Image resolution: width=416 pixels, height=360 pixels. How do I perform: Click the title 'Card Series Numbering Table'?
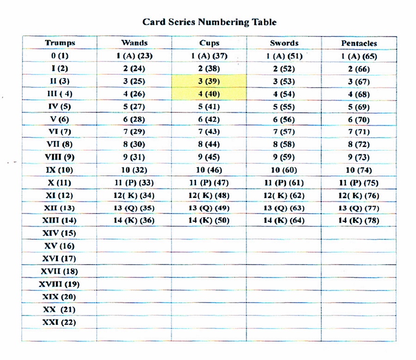pos(209,22)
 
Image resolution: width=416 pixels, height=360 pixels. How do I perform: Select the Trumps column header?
pos(60,43)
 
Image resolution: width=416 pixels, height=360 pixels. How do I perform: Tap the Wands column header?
pos(134,43)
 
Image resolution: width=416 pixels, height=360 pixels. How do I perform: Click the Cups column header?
pos(209,43)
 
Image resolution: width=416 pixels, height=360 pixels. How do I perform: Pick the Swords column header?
pos(284,43)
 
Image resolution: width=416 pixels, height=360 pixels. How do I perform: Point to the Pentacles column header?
pos(359,43)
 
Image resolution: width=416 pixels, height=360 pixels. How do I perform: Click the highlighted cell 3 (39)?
pos(209,81)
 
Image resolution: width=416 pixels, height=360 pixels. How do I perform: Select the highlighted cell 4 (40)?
pos(209,94)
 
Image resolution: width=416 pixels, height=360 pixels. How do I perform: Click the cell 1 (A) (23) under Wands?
pos(134,56)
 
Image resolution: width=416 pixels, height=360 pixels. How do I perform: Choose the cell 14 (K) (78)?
pos(359,220)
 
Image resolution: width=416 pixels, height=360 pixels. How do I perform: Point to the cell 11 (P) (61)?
pos(284,183)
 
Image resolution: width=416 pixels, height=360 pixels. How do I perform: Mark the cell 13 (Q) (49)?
pos(209,208)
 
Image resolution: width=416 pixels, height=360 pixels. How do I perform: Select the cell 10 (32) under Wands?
pos(134,170)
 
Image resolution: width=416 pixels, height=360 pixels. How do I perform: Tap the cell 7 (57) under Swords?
pos(284,132)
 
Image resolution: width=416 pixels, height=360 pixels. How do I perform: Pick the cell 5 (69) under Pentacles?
pos(359,107)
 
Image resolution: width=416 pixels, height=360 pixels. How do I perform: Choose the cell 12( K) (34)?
pos(134,195)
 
